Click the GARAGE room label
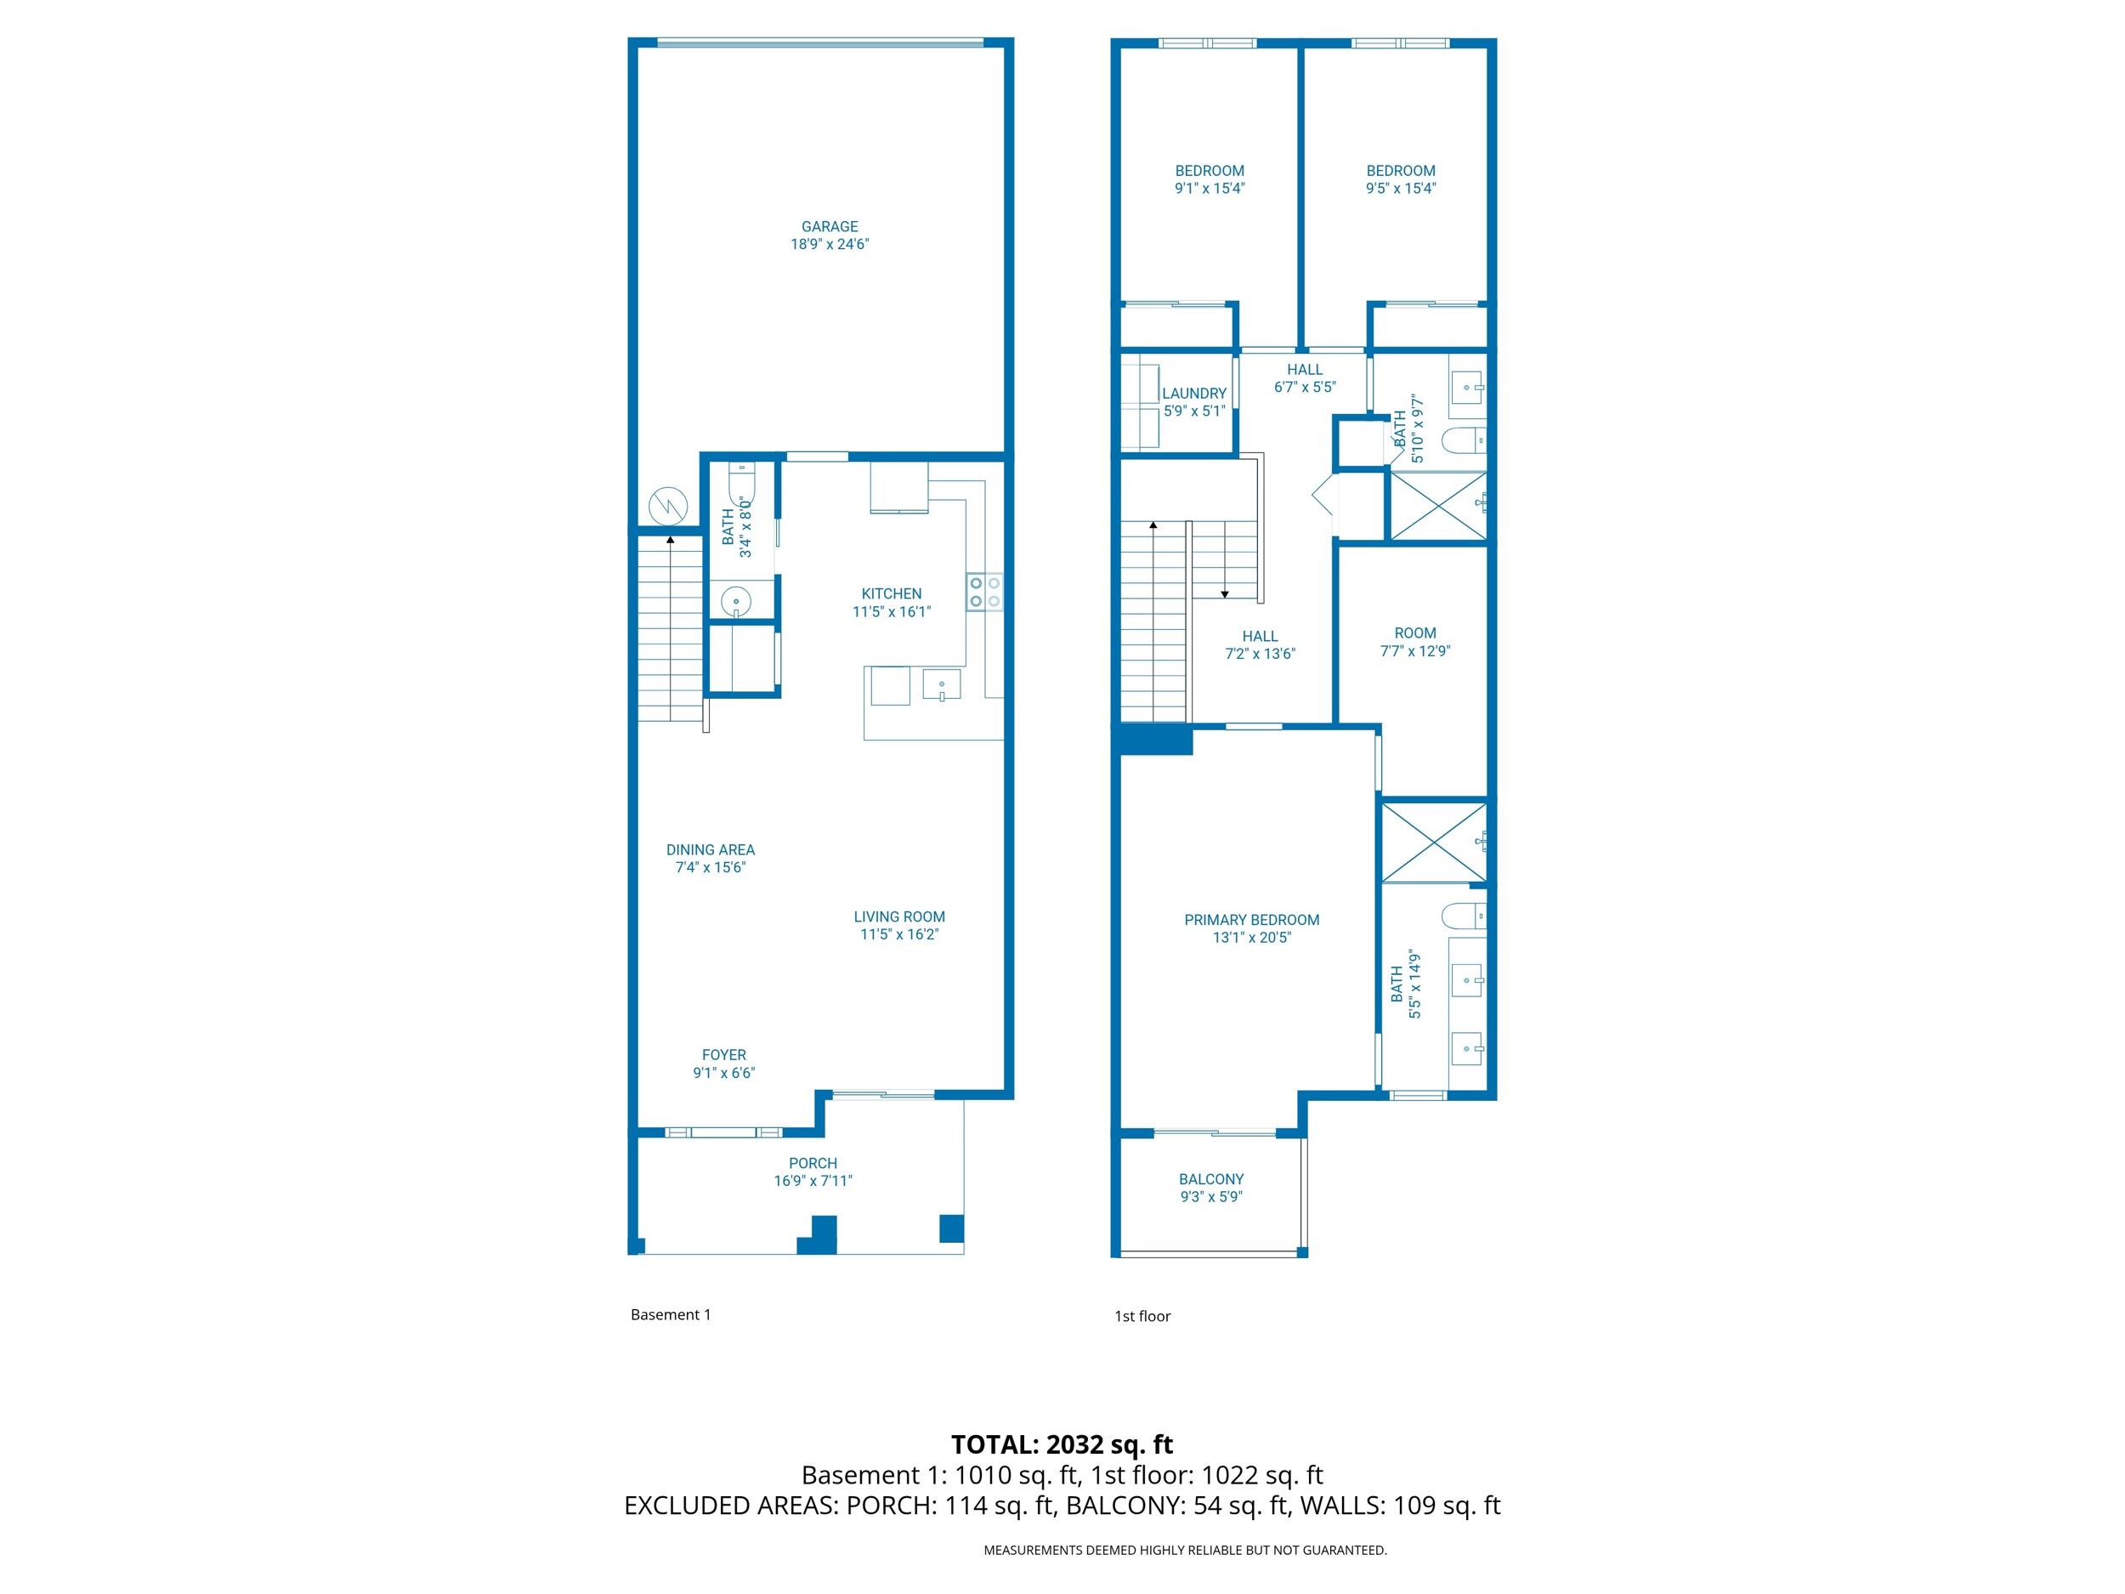829,227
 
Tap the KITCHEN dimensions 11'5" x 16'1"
891,611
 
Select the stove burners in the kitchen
984,591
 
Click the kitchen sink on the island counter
942,685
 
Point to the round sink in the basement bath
736,603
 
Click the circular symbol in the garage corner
667,505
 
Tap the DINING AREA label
710,849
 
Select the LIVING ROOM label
898,916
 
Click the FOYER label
723,1055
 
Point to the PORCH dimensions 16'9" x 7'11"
813,1181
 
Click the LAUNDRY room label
1193,393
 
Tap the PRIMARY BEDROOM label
1251,920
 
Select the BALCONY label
1210,1179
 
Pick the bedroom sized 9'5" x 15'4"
1400,179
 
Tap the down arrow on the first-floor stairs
1224,593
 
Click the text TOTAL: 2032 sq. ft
1062,1444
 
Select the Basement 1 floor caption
671,1314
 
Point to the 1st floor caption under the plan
1142,1316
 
